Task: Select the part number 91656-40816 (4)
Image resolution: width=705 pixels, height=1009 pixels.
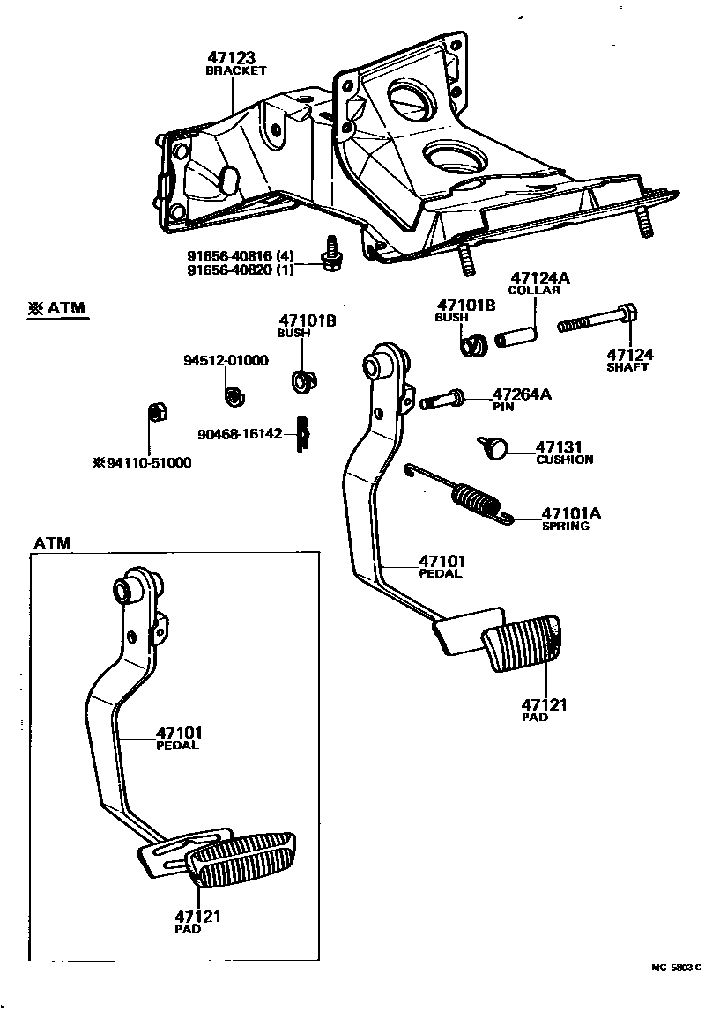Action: tap(240, 257)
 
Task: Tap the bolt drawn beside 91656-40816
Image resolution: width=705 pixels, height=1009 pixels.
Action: tap(331, 254)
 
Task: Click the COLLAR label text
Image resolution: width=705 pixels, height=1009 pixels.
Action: tap(534, 291)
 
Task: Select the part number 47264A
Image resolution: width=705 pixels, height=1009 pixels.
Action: tap(522, 394)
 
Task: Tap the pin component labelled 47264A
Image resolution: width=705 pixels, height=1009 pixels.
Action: tap(444, 400)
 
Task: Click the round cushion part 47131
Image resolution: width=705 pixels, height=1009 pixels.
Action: tap(493, 448)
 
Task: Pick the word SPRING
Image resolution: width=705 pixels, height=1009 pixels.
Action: tap(565, 526)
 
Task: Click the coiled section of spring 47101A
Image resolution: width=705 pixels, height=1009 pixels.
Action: tap(477, 499)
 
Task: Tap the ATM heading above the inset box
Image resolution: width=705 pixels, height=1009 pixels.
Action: tap(52, 543)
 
